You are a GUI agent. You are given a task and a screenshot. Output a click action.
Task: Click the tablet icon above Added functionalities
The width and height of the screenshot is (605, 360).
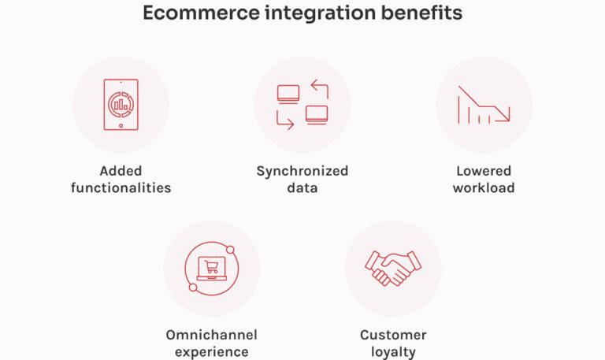[x=121, y=104]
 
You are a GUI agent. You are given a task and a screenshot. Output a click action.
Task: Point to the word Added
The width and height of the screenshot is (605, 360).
[x=121, y=171]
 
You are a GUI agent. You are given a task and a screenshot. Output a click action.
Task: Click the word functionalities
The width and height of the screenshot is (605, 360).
[x=121, y=187]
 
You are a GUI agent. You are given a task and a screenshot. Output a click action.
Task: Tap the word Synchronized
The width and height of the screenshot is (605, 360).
[x=302, y=171]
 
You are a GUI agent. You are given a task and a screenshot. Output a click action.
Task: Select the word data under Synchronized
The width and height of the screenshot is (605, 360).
[x=302, y=187]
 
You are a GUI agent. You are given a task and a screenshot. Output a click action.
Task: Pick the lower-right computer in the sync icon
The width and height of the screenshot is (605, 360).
[x=317, y=114]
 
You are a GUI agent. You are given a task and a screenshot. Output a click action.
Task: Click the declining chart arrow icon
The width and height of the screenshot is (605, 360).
[x=484, y=105]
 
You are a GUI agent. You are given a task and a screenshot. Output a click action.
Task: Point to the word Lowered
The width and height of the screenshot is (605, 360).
[x=484, y=171]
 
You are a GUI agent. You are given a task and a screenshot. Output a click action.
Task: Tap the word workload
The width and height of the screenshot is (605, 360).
[x=484, y=187]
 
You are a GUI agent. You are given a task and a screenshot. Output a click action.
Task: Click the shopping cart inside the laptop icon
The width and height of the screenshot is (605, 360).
[x=211, y=268]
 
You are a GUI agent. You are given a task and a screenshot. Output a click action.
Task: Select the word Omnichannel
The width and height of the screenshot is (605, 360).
[x=211, y=335]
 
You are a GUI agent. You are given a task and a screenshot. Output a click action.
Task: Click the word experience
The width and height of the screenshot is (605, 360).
[x=211, y=351]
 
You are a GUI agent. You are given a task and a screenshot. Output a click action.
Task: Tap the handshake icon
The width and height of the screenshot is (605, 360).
[x=393, y=269]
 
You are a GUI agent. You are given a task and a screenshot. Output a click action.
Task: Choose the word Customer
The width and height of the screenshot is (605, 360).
[x=393, y=335]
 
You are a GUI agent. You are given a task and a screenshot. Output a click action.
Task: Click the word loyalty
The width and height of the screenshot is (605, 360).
[x=393, y=351]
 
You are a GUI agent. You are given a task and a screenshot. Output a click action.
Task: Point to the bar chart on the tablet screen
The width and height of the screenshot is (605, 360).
[x=121, y=103]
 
